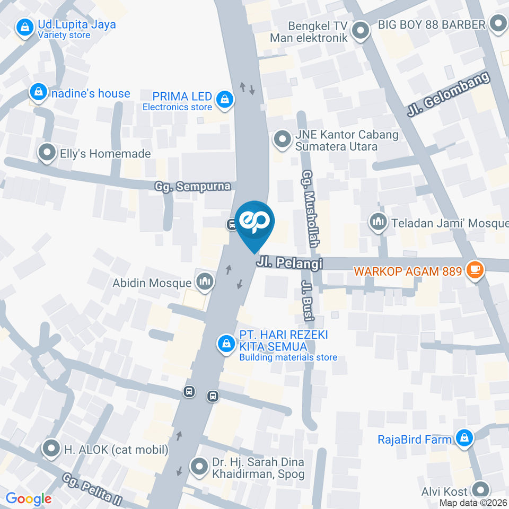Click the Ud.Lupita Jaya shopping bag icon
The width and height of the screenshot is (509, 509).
coord(24,29)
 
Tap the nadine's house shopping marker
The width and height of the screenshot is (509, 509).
coord(39,93)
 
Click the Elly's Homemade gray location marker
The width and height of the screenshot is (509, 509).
coord(48,153)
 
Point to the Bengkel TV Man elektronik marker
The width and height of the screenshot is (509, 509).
coord(361,31)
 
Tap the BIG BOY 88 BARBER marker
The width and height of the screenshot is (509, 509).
coord(498,24)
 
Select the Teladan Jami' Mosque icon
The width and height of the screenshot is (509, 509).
coord(378,222)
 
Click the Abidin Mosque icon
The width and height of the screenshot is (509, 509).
coord(204,282)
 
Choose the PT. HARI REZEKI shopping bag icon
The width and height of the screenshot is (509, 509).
coord(226,344)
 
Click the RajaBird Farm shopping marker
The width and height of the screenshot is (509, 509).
coord(464,438)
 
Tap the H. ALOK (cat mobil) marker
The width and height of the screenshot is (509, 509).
coord(51,449)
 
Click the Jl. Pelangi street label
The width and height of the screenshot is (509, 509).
coord(289,263)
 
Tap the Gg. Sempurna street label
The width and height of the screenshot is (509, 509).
coord(193,187)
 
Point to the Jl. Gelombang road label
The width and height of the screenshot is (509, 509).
coord(450,94)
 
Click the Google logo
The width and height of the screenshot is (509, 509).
coord(29,498)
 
